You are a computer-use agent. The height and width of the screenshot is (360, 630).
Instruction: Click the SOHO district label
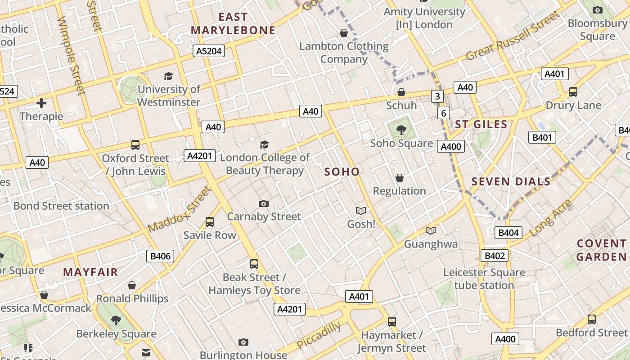click(342, 171)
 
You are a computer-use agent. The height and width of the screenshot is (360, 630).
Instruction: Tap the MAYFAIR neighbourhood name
click(90, 272)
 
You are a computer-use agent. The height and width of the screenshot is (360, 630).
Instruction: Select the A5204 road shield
click(209, 51)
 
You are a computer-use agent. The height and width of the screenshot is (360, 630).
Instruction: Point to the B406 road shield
click(160, 256)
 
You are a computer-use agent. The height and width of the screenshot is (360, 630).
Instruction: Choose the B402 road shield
click(495, 256)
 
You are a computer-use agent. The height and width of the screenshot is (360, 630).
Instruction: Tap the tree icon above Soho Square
click(401, 130)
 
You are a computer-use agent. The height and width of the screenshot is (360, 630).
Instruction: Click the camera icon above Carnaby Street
click(264, 203)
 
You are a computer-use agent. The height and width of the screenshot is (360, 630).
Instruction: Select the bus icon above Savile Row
click(210, 221)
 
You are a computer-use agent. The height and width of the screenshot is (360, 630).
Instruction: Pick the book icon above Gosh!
click(361, 211)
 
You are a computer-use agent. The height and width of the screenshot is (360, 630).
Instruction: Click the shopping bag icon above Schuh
click(401, 92)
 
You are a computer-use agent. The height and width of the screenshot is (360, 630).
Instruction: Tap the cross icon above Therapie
click(41, 103)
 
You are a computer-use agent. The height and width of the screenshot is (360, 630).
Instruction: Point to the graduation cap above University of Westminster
click(168, 76)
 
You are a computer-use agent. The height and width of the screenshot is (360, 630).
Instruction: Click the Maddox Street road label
click(179, 210)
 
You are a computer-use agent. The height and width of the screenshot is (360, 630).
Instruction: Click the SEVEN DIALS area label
click(511, 182)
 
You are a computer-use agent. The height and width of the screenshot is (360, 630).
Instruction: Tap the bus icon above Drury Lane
click(573, 92)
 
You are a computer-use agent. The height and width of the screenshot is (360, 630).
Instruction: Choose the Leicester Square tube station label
click(484, 279)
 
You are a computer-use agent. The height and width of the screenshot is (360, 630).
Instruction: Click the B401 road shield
click(542, 137)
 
